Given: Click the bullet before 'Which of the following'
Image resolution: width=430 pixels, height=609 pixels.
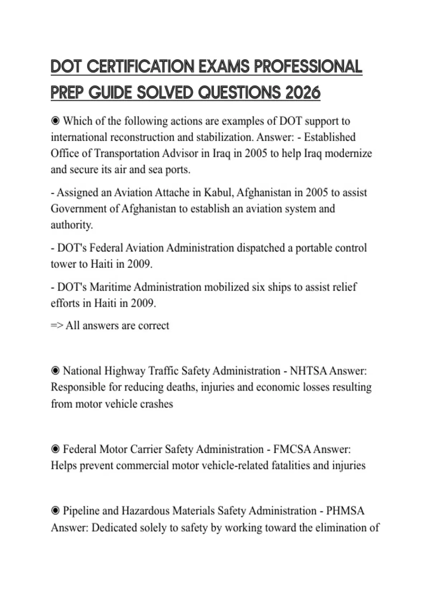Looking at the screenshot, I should click(x=55, y=121).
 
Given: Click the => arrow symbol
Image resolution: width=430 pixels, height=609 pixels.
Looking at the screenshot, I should click(x=57, y=326).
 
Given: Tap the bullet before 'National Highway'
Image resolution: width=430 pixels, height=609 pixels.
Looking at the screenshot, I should click(x=55, y=371).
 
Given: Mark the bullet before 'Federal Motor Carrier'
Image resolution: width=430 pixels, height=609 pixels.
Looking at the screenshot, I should click(x=55, y=449).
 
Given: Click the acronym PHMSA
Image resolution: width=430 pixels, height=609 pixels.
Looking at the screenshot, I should click(x=345, y=511).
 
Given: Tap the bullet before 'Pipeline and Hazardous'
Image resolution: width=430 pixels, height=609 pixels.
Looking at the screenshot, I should click(x=55, y=511).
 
